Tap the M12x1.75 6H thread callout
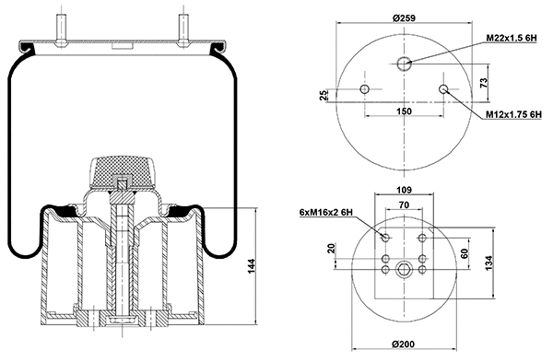tap(513, 114)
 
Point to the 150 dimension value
tap(405, 111)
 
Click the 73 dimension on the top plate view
tap(484, 82)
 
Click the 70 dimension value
tap(404, 204)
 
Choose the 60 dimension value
tap(465, 252)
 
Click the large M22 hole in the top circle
tap(405, 63)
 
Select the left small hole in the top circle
tap(366, 89)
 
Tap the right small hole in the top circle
tap(444, 89)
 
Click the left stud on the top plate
tap(63, 25)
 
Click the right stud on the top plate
tap(182, 25)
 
